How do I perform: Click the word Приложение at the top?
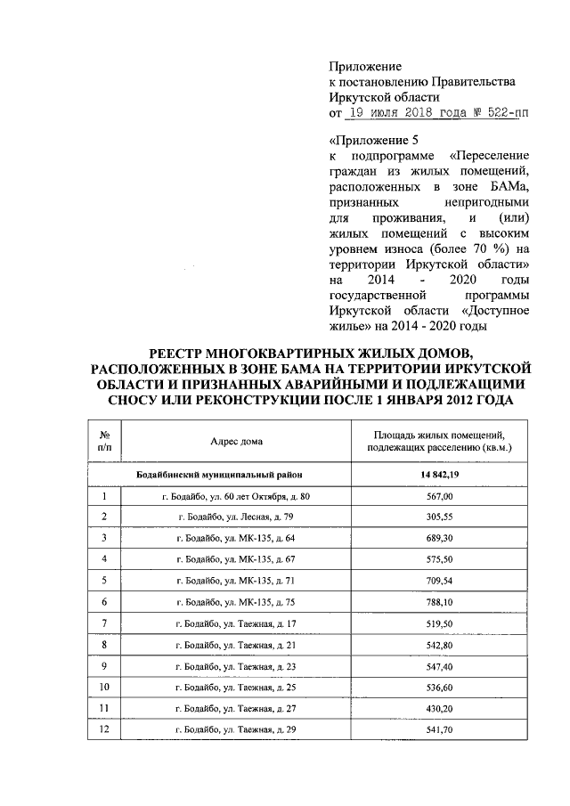tap(365, 66)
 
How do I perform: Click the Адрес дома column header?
tap(237, 441)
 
